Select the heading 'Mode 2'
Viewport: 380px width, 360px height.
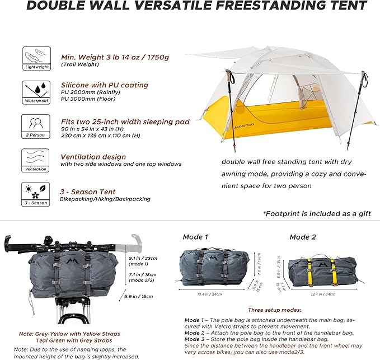[x=303, y=237]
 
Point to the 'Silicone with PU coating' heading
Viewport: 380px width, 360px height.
[x=105, y=85]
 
